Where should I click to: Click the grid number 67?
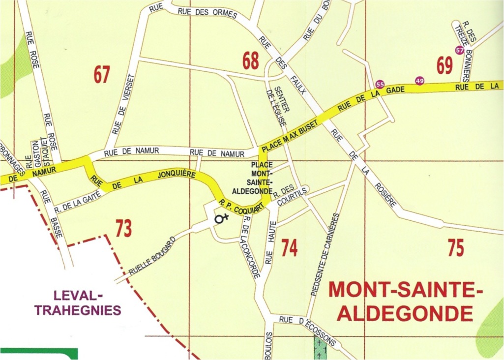click(x=102, y=75)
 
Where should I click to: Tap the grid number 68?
click(x=250, y=61)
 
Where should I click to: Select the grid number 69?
click(x=444, y=66)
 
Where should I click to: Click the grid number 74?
click(x=289, y=248)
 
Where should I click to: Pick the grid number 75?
click(x=456, y=248)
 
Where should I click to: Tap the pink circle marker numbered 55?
click(x=380, y=84)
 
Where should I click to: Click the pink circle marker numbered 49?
click(x=419, y=81)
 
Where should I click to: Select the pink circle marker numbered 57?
click(x=460, y=50)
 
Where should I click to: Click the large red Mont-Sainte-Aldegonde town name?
click(x=402, y=300)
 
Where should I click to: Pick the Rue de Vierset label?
click(x=123, y=104)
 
